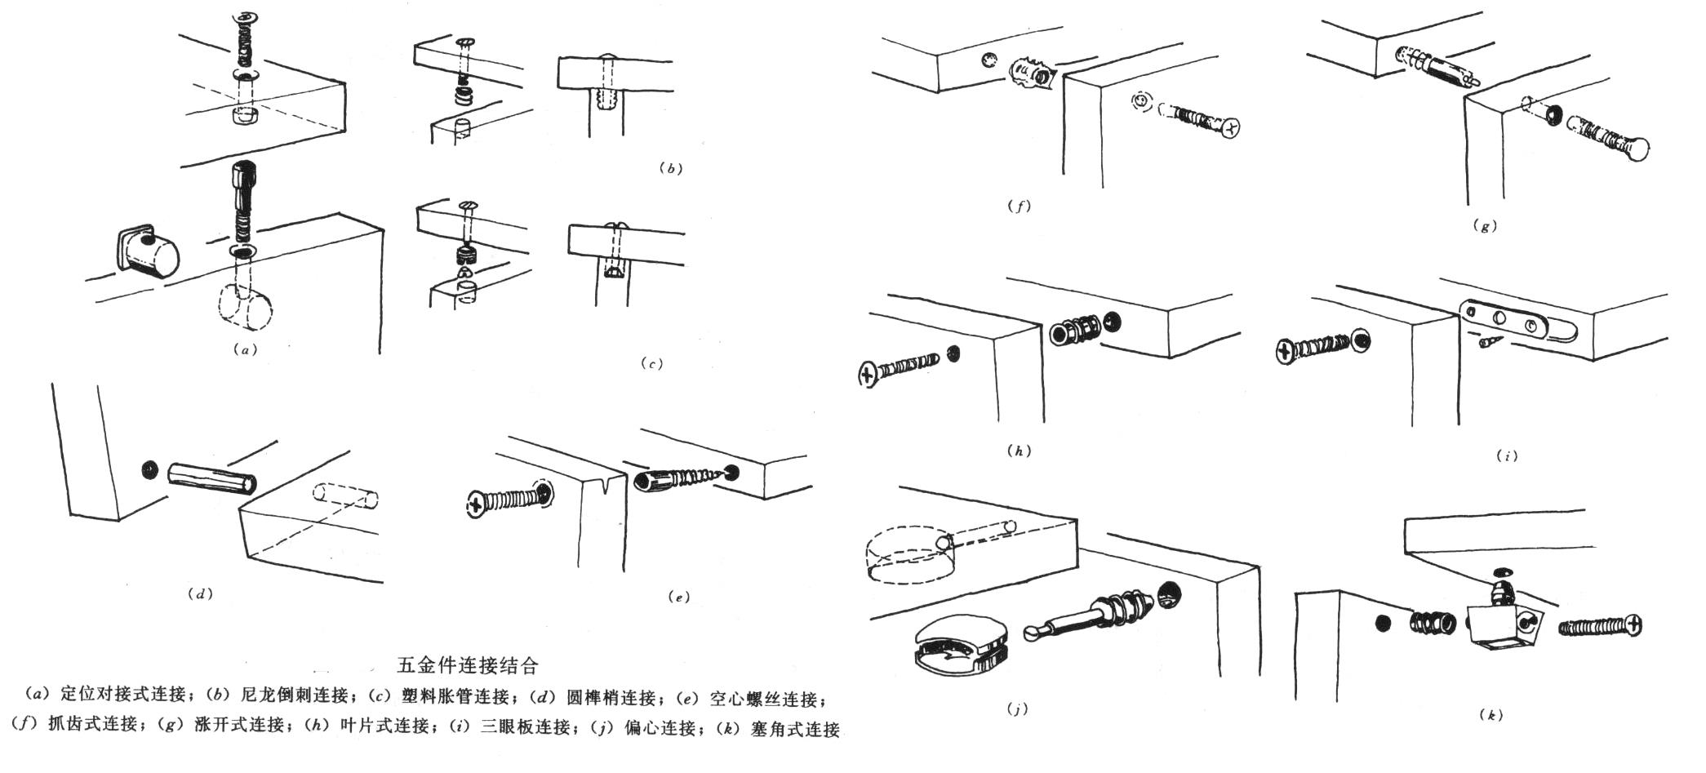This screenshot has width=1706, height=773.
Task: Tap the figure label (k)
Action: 1491,715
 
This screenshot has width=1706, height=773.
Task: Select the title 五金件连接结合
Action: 468,665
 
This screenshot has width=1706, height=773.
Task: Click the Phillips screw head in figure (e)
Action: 476,504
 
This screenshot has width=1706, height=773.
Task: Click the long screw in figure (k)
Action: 1600,627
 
